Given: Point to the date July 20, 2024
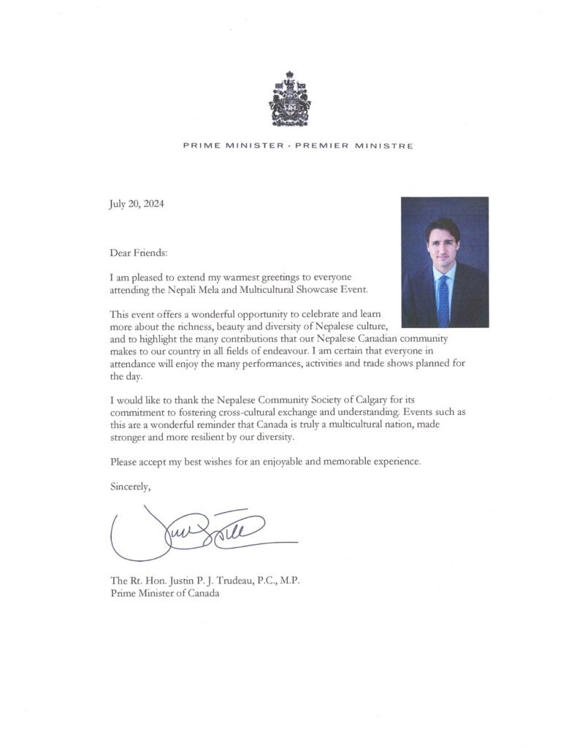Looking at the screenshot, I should click(137, 205).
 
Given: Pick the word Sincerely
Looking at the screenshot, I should click(131, 485).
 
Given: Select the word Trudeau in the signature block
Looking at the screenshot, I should click(237, 581).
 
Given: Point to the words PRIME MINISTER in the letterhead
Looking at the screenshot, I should click(233, 146).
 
